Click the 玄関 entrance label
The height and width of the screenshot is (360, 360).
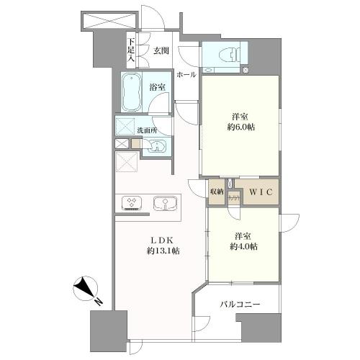pyautogui.click(x=161, y=51)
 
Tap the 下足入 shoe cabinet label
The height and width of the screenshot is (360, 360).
pyautogui.click(x=131, y=50)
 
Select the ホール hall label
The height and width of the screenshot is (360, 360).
pyautogui.click(x=186, y=75)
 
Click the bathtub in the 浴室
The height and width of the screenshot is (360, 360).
pyautogui.click(x=131, y=91)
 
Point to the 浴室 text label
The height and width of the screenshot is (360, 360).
pyautogui.click(x=157, y=88)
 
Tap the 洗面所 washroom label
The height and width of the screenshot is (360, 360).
pyautogui.click(x=148, y=130)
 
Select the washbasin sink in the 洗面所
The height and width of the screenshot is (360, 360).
pyautogui.click(x=156, y=146)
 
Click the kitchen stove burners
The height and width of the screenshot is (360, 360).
pyautogui.click(x=131, y=204)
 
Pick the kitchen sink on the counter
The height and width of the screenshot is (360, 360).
pyautogui.click(x=165, y=204)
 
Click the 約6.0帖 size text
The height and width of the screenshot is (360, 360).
pyautogui.click(x=241, y=127)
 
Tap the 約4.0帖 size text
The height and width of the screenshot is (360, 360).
pyautogui.click(x=244, y=247)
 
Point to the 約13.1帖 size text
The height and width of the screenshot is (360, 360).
pyautogui.click(x=163, y=251)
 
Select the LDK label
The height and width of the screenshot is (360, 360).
pyautogui.click(x=161, y=240)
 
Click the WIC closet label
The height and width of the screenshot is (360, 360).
pyautogui.click(x=261, y=192)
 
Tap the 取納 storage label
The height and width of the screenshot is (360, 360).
pyautogui.click(x=217, y=192)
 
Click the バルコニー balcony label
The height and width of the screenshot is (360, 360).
pyautogui.click(x=240, y=305)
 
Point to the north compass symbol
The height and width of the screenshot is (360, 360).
pyautogui.click(x=85, y=288)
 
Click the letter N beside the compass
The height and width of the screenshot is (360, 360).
pyautogui.click(x=99, y=302)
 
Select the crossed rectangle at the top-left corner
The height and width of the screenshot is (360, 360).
pyautogui.click(x=109, y=20)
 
